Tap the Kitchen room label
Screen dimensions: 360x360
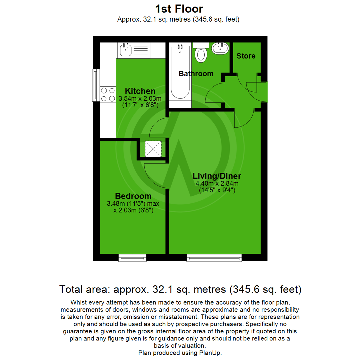tap(140, 91)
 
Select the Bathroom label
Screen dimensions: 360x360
tap(196, 74)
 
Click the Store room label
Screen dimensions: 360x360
tap(246, 56)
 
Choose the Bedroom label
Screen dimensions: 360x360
tap(133, 196)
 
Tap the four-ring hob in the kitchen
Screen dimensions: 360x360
tap(107, 94)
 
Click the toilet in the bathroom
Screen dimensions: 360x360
tap(201, 53)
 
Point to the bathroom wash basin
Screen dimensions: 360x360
tap(220, 48)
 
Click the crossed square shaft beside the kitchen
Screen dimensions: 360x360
tap(153, 149)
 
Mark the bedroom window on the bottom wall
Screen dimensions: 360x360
tap(132, 257)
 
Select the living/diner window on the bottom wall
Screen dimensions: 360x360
tap(214, 257)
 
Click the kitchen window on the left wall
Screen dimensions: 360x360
tap(96, 85)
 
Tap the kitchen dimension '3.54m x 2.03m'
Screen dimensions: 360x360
tap(140, 99)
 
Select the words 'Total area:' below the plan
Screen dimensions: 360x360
tap(83, 289)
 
